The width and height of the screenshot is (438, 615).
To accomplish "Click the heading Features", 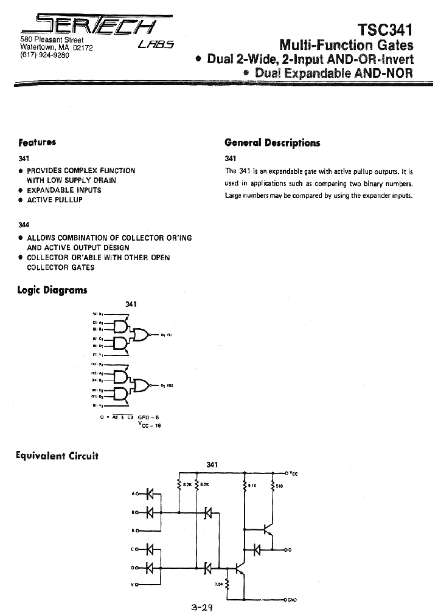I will (37, 142).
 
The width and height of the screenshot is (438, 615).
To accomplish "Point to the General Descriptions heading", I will (272, 143).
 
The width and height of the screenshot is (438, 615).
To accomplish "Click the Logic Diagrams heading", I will (52, 290).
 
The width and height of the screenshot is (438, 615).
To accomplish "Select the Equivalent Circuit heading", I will (57, 455).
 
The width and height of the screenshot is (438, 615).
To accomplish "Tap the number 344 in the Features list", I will (24, 225).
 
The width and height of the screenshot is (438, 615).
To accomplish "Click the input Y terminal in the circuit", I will (136, 585).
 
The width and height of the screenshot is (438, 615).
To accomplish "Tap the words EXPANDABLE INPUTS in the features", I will (64, 190).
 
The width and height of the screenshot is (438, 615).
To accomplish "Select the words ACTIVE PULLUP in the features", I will (55, 200).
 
